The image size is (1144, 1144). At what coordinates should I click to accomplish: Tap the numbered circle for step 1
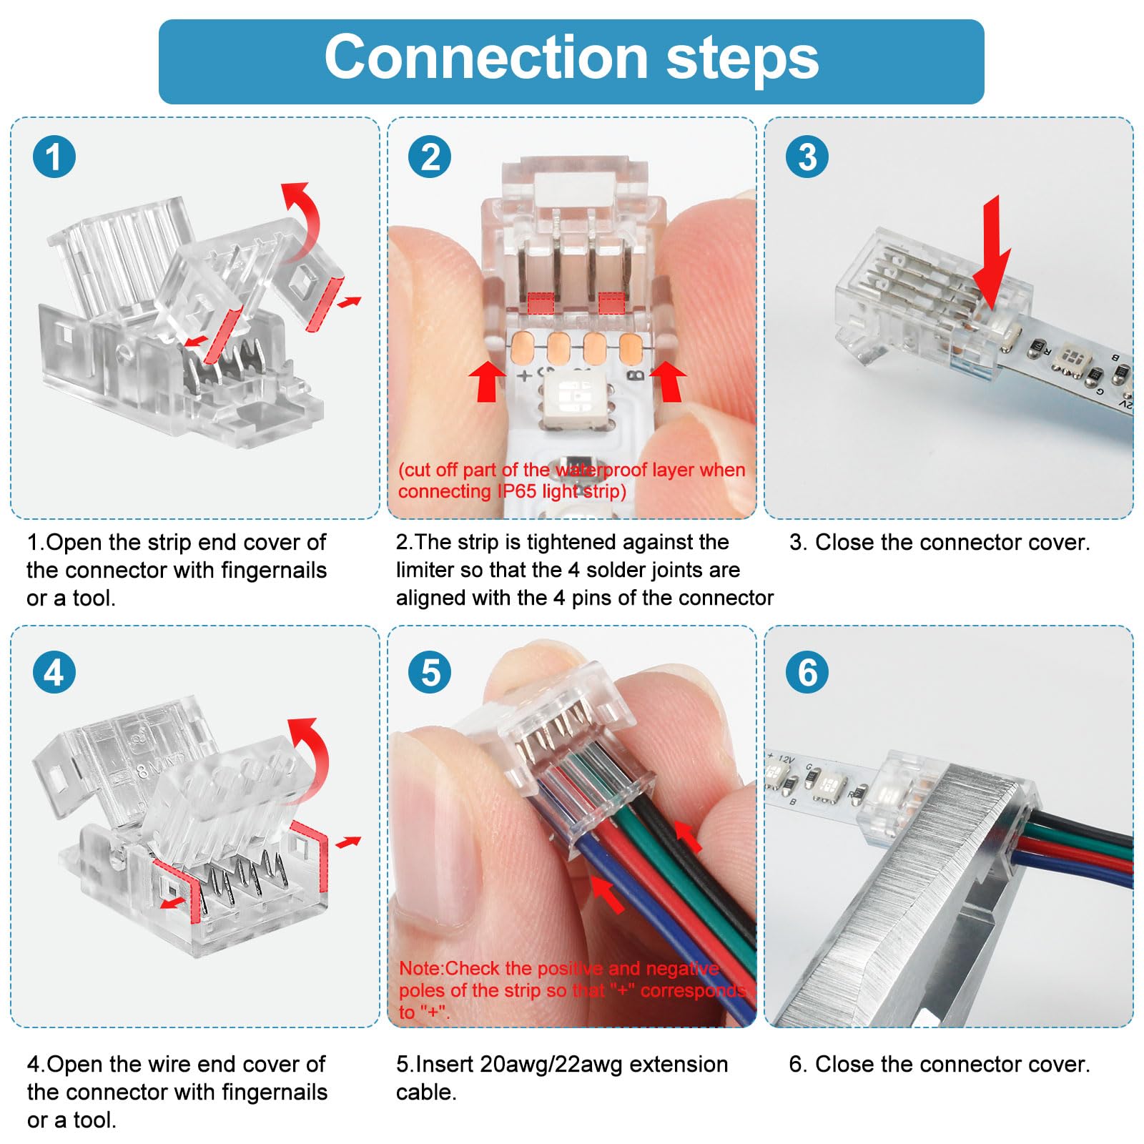(x=54, y=157)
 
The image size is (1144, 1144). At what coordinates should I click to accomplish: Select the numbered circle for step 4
(x=54, y=673)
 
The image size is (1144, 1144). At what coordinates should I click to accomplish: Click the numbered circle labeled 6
(x=807, y=673)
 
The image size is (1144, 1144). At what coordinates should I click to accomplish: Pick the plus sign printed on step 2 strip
(x=524, y=375)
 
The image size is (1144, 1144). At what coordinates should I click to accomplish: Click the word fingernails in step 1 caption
(x=273, y=570)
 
